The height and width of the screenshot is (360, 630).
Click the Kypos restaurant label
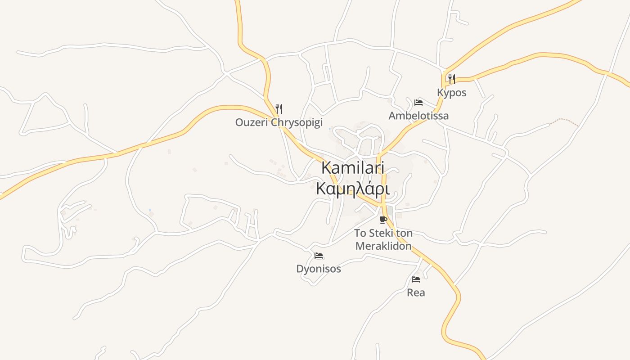(451, 93)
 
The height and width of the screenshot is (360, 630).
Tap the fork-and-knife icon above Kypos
(451, 80)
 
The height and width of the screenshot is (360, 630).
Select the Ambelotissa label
(418, 116)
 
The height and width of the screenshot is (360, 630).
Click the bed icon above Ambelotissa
(418, 102)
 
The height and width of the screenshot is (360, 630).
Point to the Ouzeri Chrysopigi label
(279, 122)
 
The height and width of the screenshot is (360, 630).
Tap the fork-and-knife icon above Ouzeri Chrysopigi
(279, 108)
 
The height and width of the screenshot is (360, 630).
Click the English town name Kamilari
(353, 168)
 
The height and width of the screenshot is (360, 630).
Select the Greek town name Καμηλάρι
(353, 188)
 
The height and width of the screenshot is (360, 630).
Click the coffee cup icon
(383, 220)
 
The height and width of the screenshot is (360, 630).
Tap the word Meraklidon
(383, 246)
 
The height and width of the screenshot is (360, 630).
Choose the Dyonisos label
(318, 269)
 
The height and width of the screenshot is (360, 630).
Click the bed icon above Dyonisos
(319, 256)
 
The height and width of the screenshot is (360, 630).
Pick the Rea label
(416, 292)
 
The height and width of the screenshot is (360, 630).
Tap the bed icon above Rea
(416, 279)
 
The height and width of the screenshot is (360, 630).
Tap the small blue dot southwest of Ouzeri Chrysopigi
(150, 210)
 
